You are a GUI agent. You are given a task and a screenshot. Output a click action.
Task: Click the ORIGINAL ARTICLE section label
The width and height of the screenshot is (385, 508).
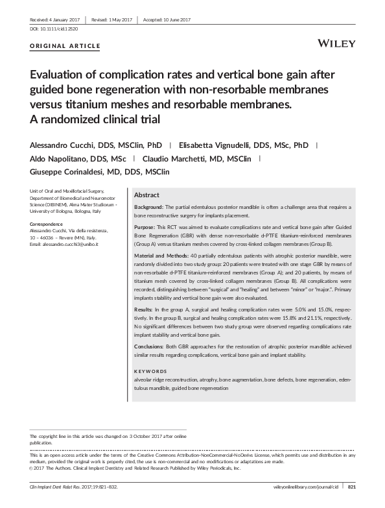point(65,46)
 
